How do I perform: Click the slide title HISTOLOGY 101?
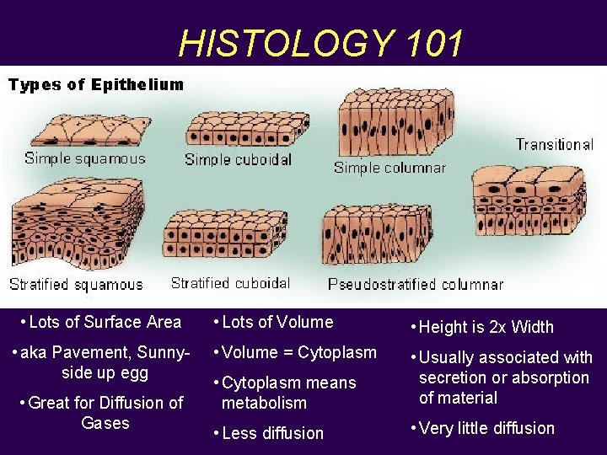point(321,43)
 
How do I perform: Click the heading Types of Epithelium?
point(96,84)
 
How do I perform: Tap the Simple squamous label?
point(85,158)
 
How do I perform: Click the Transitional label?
point(554,144)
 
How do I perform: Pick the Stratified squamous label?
point(76,285)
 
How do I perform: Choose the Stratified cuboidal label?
point(230,283)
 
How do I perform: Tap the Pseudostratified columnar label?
point(415,285)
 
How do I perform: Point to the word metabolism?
point(264,403)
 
